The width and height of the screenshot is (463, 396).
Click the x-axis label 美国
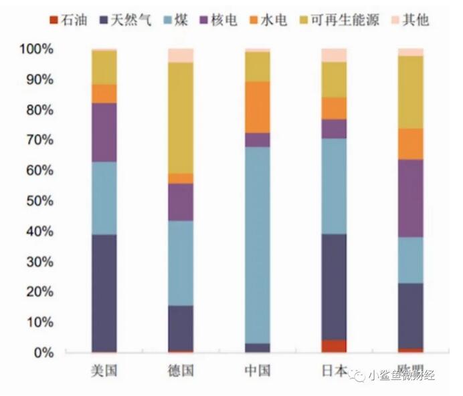tap(104, 371)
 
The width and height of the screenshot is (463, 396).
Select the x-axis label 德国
tap(181, 371)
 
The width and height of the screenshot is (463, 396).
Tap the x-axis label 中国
tap(258, 371)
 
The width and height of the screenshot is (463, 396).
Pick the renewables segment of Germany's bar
tap(181, 118)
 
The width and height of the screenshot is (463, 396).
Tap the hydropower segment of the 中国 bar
tap(258, 107)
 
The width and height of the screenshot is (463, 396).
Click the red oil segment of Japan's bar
tap(334, 346)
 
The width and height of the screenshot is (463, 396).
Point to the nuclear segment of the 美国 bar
tap(104, 132)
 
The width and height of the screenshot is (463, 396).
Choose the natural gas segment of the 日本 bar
tap(334, 287)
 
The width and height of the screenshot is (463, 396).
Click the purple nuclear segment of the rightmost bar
tap(410, 198)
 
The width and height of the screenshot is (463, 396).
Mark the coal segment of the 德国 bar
tap(181, 263)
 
